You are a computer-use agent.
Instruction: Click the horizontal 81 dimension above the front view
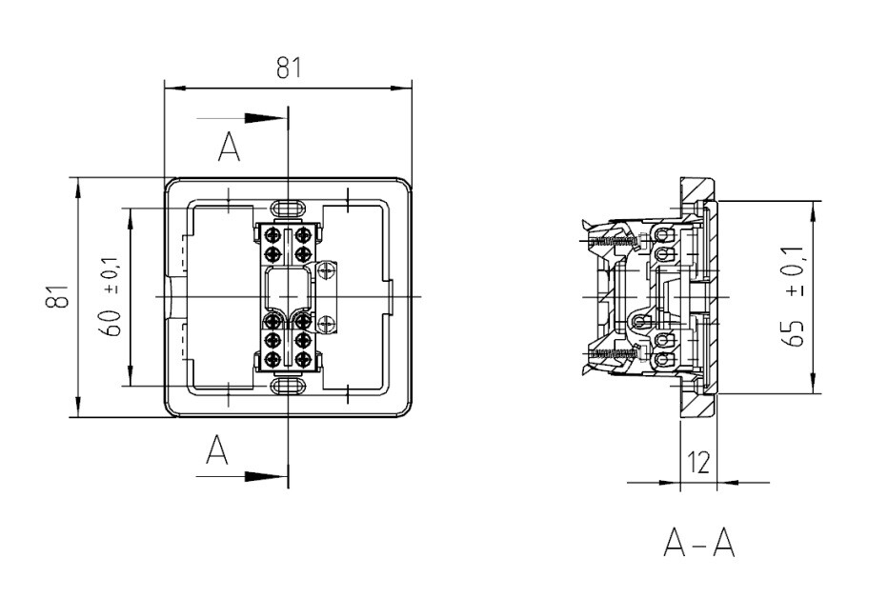289,68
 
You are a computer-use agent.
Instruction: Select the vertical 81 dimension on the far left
57,296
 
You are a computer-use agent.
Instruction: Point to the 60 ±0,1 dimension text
111,296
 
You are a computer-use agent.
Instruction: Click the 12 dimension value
698,463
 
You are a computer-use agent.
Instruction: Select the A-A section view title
698,543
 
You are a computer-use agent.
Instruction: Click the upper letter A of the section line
229,147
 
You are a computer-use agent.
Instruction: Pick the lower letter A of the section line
216,450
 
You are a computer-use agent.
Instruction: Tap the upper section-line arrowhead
263,118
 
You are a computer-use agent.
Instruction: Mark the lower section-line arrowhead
263,477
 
